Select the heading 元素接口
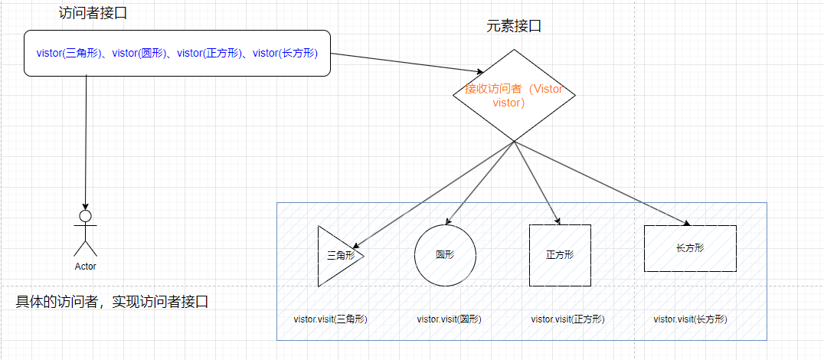pos(514,26)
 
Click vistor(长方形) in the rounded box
pos(285,53)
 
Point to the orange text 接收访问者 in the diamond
pos(488,89)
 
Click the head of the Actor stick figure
pos(86,216)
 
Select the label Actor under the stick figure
pos(86,267)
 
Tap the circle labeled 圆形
pos(445,255)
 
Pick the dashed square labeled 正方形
pos(560,255)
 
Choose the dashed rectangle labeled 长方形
pos(690,248)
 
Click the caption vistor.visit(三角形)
pos(331,319)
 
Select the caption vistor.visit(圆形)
pos(450,319)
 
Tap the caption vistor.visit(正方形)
pos(567,319)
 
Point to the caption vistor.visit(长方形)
pos(690,319)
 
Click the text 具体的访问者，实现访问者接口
pos(113,302)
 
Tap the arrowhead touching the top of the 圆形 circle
pos(447,221)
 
